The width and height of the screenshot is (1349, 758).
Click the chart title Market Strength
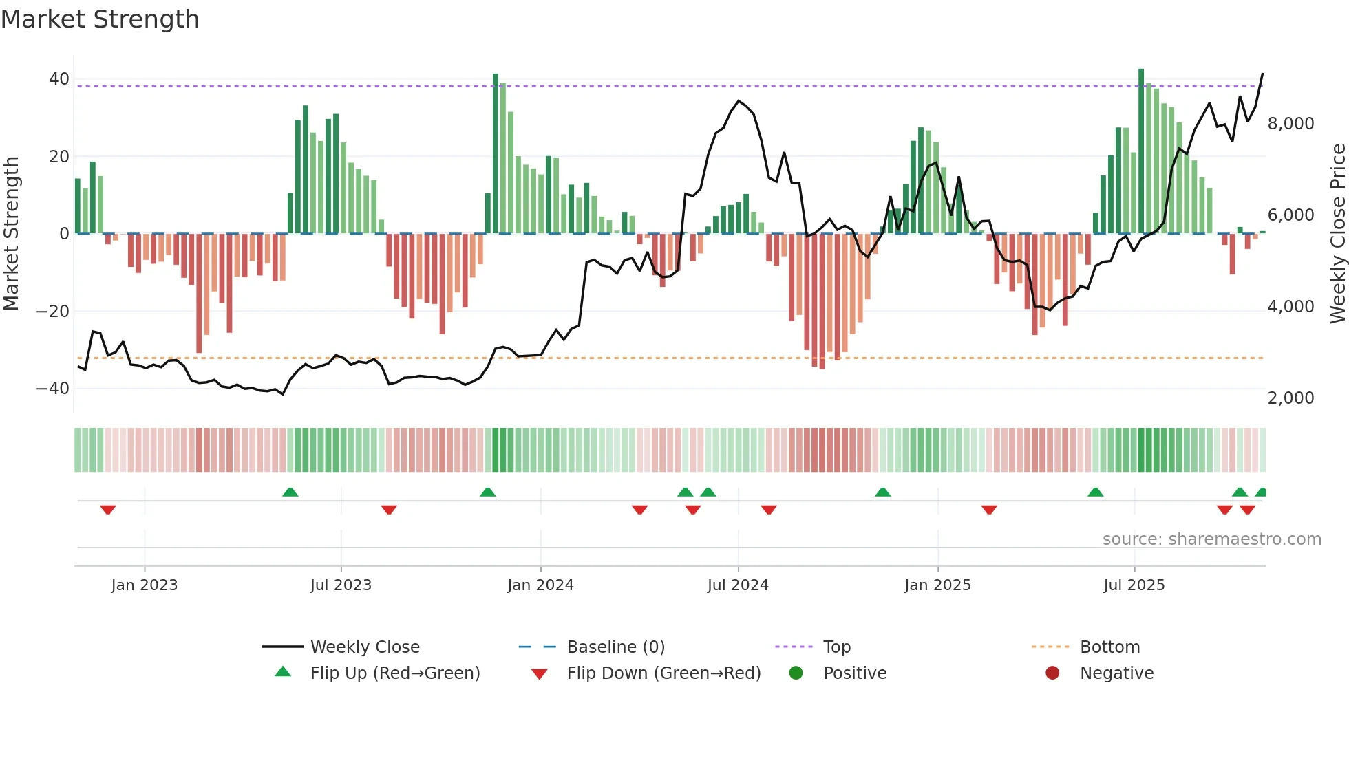[100, 19]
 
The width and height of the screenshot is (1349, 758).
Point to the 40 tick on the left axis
[59, 79]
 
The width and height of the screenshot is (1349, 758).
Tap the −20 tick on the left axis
[53, 311]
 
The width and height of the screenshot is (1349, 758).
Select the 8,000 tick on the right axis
[1290, 124]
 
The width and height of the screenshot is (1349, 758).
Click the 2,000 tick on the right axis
[1290, 398]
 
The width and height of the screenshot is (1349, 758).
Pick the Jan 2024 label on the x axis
[540, 585]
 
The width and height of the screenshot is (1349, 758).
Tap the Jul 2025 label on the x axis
[1134, 585]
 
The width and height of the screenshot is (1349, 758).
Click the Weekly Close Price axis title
[1337, 234]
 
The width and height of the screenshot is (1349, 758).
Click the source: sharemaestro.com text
[1211, 539]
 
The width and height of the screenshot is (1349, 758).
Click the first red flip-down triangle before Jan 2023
[107, 510]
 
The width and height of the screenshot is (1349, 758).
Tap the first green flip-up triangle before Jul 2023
[290, 492]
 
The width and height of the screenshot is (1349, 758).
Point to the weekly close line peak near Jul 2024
[739, 101]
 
